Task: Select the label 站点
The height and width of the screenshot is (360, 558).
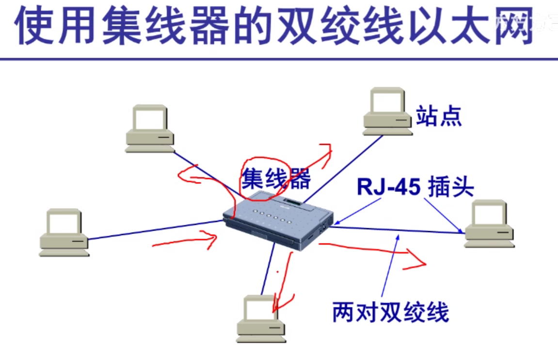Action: point(439,116)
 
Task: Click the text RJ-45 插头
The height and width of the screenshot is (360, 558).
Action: point(415,187)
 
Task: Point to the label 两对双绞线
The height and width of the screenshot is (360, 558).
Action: point(391,312)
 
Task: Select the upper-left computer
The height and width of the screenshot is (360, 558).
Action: point(150,128)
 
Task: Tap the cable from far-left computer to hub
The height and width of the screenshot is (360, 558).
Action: point(155,230)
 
